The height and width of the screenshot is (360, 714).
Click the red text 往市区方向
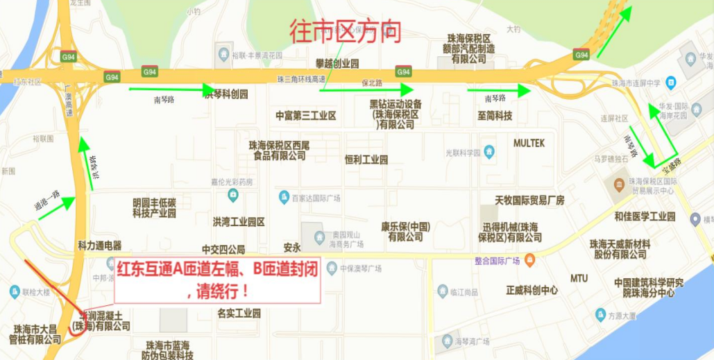(345, 32)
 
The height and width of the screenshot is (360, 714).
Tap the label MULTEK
(529, 143)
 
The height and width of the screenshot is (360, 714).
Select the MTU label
(579, 278)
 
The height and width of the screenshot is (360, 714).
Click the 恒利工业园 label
(366, 160)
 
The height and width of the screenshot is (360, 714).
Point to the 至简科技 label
(495, 116)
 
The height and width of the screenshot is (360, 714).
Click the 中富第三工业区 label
(305, 116)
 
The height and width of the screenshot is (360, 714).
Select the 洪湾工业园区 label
(239, 222)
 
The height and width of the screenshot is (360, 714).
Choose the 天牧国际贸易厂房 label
(529, 200)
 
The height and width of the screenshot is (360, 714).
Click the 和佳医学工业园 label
(645, 216)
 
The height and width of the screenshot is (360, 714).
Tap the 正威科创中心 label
(532, 290)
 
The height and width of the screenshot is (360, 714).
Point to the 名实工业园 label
(239, 313)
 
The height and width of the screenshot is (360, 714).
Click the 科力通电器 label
(100, 245)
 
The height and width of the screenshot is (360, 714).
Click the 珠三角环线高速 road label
(300, 79)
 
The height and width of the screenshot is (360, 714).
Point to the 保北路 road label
(372, 83)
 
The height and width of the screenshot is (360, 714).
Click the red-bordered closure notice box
(217, 280)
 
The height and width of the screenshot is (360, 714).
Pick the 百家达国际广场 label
(316, 198)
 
